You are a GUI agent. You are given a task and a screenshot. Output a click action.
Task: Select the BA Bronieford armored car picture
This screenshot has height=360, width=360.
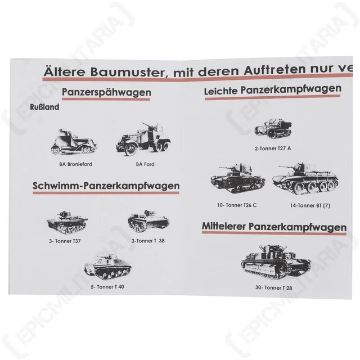pos(67,141)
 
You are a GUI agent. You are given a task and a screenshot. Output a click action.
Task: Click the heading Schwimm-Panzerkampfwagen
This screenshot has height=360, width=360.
pos(106,186)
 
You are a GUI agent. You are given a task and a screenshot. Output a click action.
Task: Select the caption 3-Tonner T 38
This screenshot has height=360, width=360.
pos(147,241)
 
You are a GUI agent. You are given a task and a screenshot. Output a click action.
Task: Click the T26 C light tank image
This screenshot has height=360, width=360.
pos(236,178)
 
